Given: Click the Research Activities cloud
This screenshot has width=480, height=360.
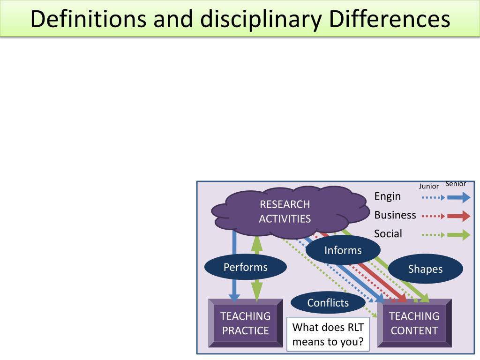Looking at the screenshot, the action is click(285, 211).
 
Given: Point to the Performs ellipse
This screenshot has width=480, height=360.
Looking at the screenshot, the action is click(245, 268).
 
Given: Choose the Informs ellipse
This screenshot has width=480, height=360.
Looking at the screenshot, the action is click(343, 250).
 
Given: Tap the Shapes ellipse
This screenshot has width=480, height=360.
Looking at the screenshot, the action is click(425, 269).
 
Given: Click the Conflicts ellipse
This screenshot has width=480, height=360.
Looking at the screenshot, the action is click(328, 303).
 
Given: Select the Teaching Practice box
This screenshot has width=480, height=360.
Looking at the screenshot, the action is click(246, 323).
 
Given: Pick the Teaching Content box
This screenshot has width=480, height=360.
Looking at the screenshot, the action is click(414, 323).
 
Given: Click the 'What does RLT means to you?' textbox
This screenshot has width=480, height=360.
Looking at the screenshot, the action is click(328, 334).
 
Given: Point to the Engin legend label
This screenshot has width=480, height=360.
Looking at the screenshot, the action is click(388, 196).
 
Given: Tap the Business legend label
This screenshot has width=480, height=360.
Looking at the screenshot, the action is click(395, 215).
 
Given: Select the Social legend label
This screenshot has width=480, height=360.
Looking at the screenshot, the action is click(388, 233).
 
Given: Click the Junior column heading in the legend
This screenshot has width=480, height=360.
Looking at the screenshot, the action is click(429, 186).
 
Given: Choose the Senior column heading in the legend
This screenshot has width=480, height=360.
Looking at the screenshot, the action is click(456, 184).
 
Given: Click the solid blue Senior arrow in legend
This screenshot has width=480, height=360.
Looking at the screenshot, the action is click(458, 197).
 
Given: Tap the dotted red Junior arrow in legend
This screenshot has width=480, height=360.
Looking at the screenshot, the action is click(433, 216).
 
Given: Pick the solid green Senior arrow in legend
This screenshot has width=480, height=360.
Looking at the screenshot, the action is click(458, 234).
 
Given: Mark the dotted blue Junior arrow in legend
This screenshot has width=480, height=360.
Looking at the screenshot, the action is click(433, 197).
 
